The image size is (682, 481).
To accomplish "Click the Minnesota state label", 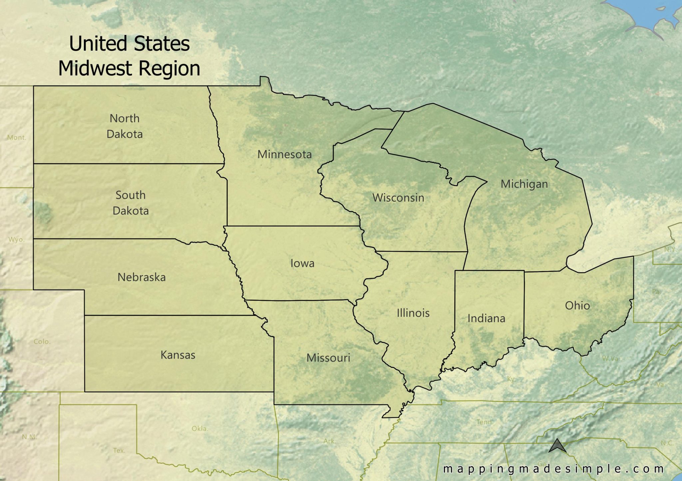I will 284,154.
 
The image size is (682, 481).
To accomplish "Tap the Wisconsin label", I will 398,198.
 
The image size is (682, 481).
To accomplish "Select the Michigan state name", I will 524,184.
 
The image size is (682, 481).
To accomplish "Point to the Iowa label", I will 302,263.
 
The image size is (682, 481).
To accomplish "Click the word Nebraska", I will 142,277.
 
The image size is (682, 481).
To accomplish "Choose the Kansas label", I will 178,355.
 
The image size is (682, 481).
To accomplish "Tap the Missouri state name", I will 328,358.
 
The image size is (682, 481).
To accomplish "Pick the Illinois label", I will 413,313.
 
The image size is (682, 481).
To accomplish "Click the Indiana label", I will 486,318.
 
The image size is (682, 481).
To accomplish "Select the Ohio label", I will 577,305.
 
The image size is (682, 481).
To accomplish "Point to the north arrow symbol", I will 557,446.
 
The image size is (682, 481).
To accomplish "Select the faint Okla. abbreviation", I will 200,429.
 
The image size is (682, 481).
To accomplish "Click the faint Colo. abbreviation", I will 42,341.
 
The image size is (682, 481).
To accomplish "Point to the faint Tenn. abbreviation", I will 484,422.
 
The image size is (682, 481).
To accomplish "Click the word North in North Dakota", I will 125,118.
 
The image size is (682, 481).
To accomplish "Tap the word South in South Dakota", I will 131,195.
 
